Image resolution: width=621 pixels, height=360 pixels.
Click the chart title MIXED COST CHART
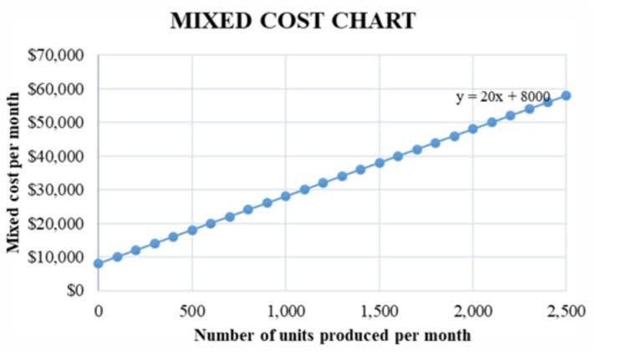pyautogui.click(x=293, y=21)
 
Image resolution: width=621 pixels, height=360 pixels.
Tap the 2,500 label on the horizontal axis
pyautogui.click(x=566, y=312)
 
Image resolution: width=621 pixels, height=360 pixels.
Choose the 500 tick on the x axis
pyautogui.click(x=192, y=312)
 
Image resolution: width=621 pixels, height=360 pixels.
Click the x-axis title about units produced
pyautogui.click(x=332, y=336)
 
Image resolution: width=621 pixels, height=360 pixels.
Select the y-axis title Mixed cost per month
pyautogui.click(x=14, y=172)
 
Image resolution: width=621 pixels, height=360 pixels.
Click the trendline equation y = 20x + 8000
pyautogui.click(x=502, y=97)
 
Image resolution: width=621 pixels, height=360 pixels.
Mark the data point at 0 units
pyautogui.click(x=98, y=263)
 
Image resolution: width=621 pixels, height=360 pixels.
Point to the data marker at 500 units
pyautogui.click(x=192, y=230)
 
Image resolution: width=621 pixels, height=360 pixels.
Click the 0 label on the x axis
pyautogui.click(x=98, y=312)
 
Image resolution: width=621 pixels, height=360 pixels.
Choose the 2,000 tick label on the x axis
pyautogui.click(x=472, y=312)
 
